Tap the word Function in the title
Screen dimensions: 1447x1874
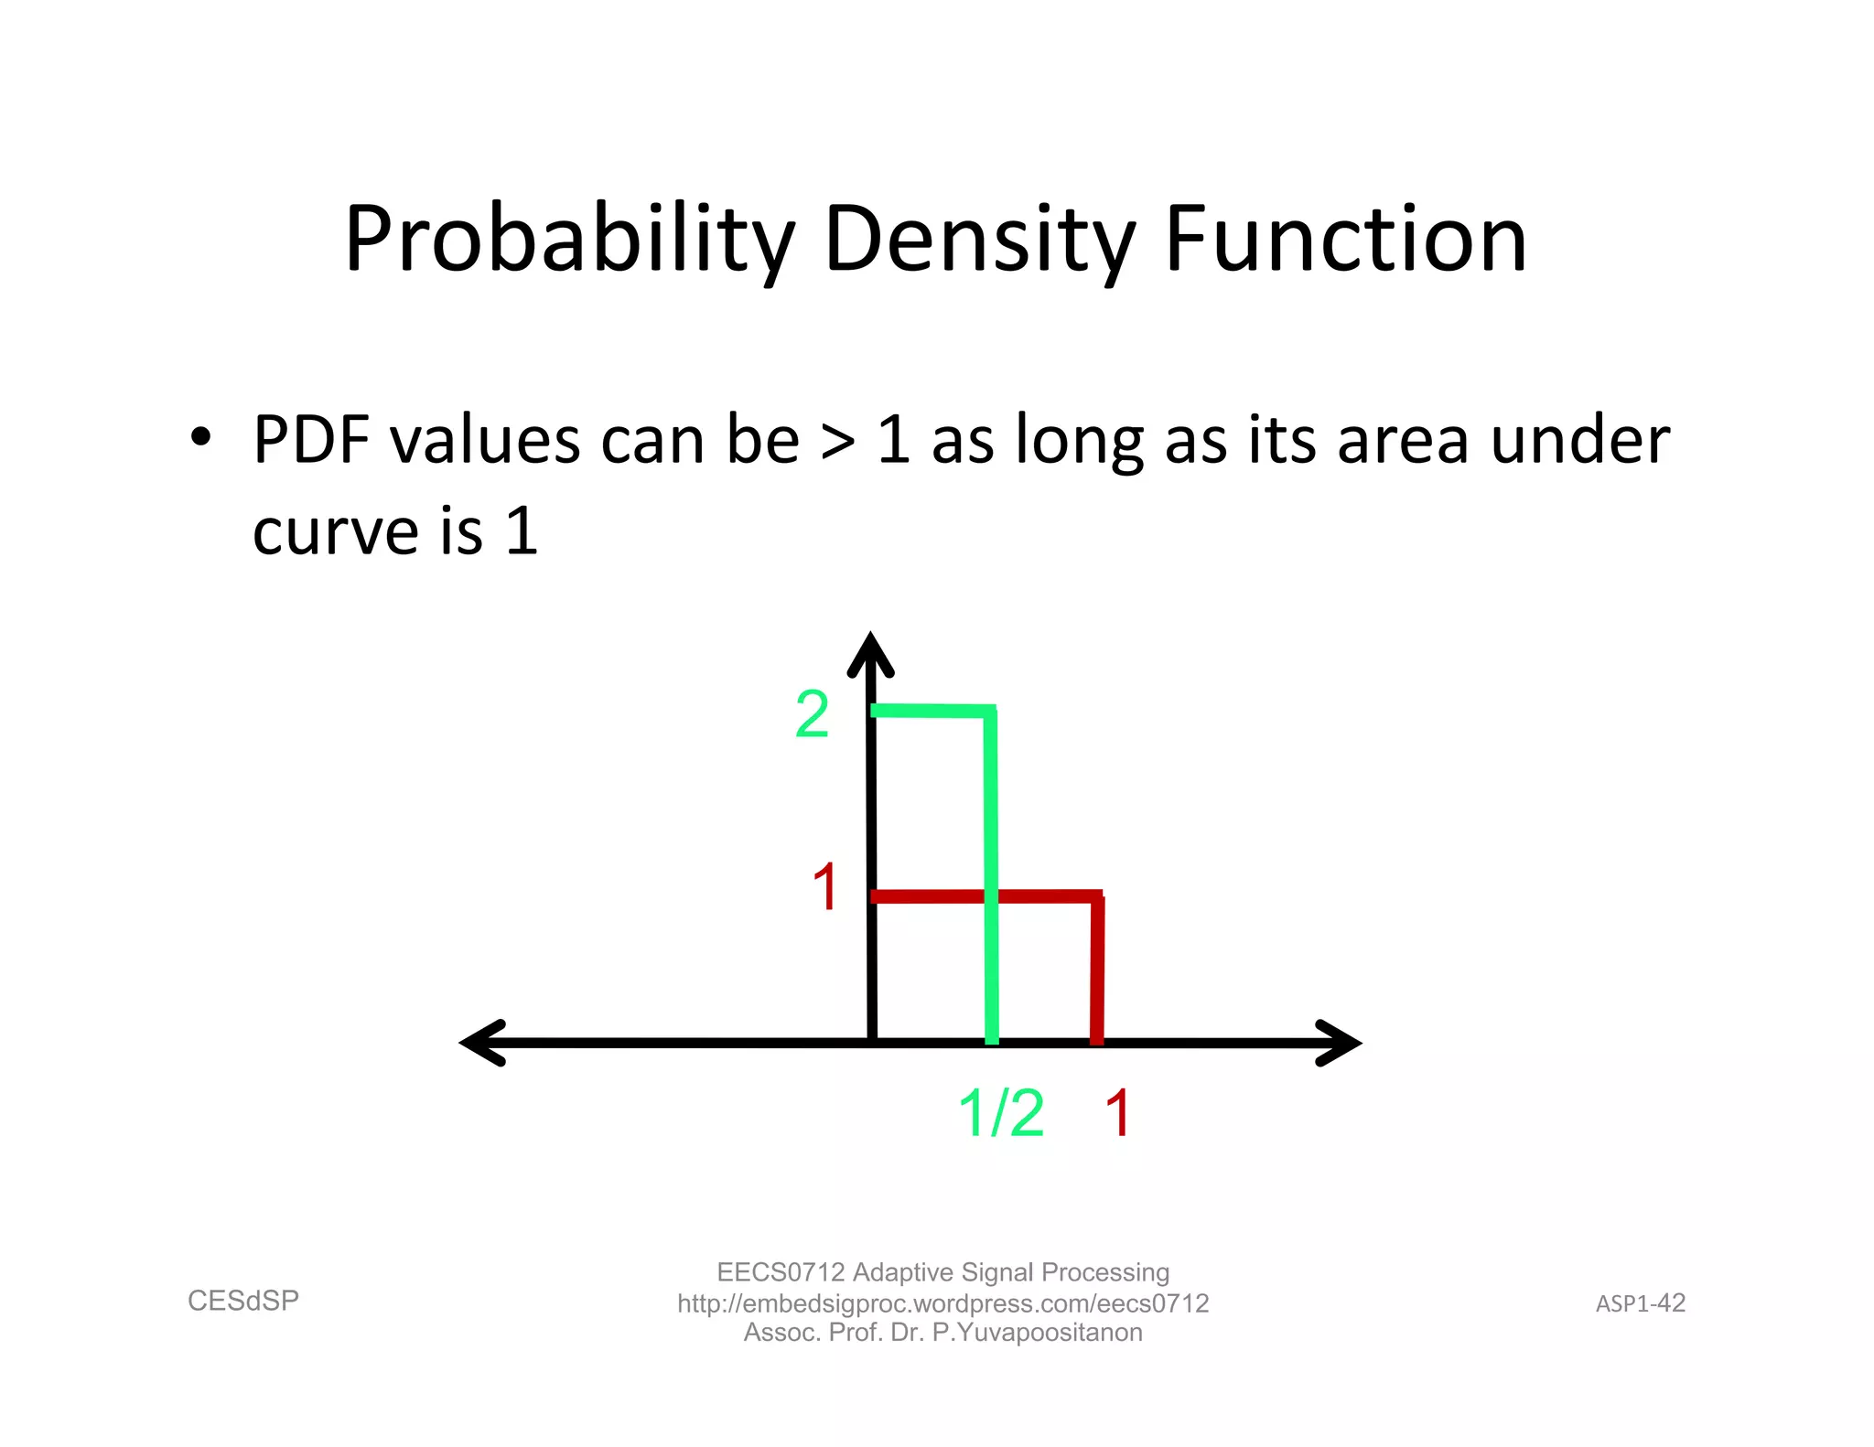1345,240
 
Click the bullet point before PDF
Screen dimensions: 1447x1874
200,438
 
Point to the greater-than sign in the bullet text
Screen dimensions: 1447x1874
838,442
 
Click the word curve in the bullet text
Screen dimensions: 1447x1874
335,532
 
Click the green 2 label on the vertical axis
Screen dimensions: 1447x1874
812,714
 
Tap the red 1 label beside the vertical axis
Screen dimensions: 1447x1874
824,887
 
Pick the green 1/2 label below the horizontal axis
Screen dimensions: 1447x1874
1000,1113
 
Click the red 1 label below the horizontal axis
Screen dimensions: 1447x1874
1117,1113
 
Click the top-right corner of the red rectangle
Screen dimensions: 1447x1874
1097,897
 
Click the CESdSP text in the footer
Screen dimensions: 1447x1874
243,1301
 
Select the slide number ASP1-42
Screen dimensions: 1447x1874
1640,1303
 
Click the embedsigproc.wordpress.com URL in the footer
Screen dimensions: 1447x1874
942,1303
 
